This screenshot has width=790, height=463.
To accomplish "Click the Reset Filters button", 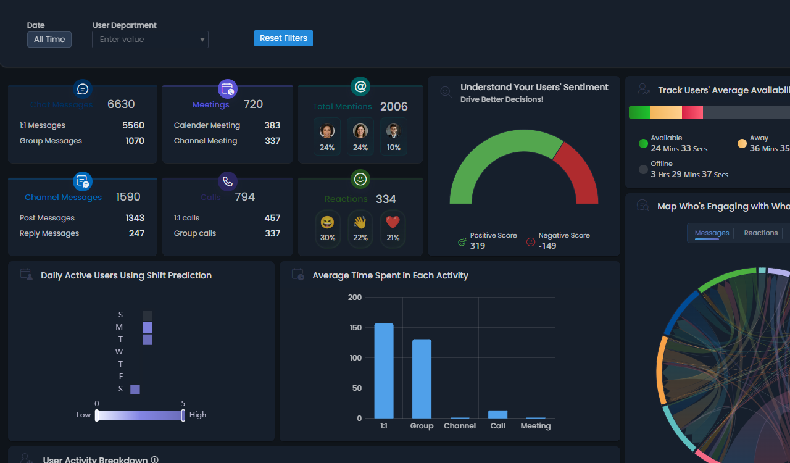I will click(x=283, y=38).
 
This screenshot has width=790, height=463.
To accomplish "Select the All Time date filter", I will click(x=49, y=40).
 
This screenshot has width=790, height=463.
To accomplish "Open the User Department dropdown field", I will click(x=150, y=40).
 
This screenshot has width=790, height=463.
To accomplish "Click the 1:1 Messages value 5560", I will click(x=133, y=125).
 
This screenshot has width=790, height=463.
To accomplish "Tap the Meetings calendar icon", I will click(x=228, y=89).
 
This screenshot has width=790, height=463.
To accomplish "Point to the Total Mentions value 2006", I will click(x=394, y=107).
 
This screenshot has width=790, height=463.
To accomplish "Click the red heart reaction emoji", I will click(x=393, y=222).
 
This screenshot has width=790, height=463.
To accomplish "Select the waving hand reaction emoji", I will click(x=360, y=222).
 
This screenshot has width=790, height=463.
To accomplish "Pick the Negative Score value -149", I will click(x=547, y=246).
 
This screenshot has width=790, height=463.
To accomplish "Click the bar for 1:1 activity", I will click(x=384, y=370).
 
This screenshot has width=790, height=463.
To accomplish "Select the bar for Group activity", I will click(x=422, y=378).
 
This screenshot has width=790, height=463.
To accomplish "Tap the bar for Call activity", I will click(x=497, y=414).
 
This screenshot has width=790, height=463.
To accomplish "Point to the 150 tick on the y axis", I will click(x=355, y=327).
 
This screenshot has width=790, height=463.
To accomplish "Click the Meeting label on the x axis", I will click(x=535, y=426).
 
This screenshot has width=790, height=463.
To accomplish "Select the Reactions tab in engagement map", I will click(x=760, y=233).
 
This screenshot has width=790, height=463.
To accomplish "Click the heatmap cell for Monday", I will click(x=148, y=327).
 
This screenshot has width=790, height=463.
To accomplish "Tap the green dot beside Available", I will click(x=643, y=144).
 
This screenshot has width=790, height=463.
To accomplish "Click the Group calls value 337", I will click(x=272, y=233).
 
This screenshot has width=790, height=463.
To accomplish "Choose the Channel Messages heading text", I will click(x=63, y=198).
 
